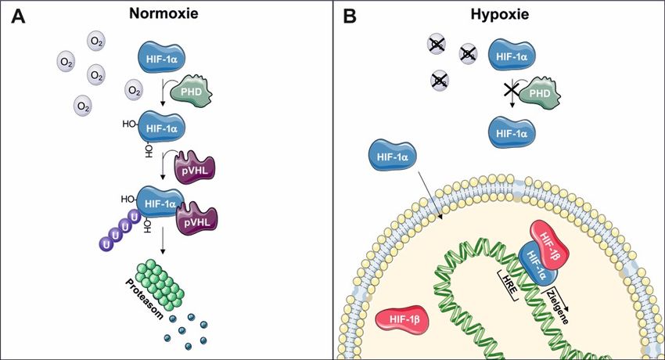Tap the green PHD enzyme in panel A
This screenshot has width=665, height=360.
coord(190,92)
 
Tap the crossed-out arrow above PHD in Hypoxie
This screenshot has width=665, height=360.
coord(512,92)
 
